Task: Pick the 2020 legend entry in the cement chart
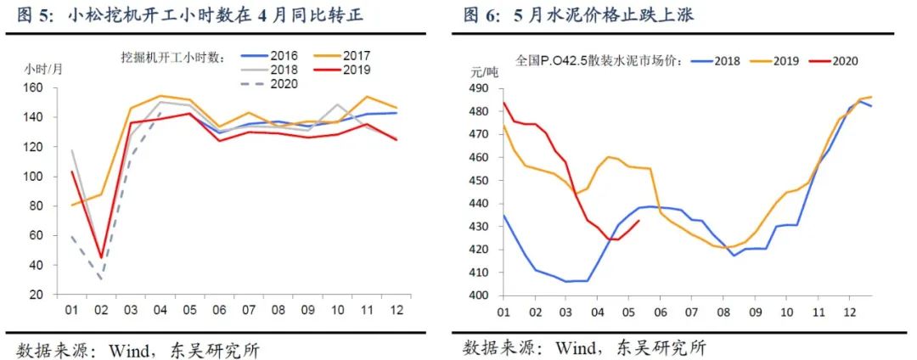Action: [x=845, y=61]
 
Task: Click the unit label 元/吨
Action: [x=485, y=72]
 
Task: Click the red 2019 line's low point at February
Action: [x=102, y=257]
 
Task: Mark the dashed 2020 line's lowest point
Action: [x=102, y=278]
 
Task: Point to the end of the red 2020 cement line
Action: [x=639, y=222]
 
